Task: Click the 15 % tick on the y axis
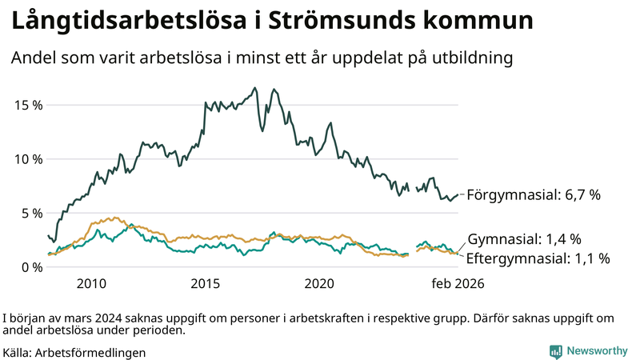[27, 105]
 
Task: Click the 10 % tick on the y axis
[27, 158]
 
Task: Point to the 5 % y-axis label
[30, 213]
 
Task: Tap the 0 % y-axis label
[30, 266]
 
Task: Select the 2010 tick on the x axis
[91, 283]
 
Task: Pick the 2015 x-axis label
[206, 283]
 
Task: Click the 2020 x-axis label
[320, 283]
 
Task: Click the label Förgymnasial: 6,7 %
[533, 194]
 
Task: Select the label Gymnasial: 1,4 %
[523, 239]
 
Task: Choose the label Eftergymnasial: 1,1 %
[538, 258]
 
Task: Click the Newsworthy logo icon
[555, 350]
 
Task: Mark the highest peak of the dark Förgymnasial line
[255, 88]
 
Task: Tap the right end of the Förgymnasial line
[458, 194]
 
